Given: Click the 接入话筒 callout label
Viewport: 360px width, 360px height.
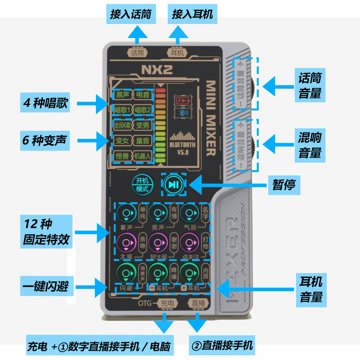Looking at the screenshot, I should tap(130, 14).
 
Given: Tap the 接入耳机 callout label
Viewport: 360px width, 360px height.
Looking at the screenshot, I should tap(192, 14).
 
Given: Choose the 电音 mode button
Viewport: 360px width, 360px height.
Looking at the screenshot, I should tap(143, 95).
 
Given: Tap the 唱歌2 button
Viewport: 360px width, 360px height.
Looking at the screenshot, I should tap(143, 110).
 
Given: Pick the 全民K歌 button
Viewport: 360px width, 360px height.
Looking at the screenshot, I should tap(122, 125).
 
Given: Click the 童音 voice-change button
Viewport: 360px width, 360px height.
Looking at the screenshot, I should tap(143, 141).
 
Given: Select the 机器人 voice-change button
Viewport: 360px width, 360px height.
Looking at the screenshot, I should tap(143, 156).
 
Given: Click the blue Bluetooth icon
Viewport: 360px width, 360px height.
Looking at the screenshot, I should tap(182, 113).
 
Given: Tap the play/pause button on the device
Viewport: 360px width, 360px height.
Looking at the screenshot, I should tap(173, 185).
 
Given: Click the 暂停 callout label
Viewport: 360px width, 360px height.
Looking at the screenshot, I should tap(284, 185).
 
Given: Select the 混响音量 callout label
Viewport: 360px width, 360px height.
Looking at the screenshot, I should tap(310, 144).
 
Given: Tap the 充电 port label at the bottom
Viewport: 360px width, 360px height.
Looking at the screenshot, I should tap(167, 303).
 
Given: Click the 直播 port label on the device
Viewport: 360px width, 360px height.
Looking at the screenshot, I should tap(198, 303).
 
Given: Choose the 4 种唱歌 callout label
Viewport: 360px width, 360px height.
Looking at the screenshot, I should tap(45, 103).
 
